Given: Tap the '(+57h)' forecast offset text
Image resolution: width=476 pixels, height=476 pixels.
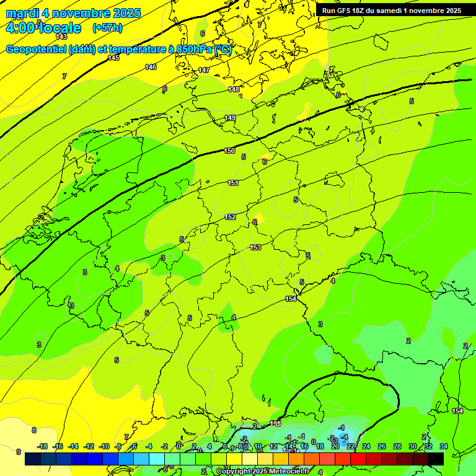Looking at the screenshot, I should [107, 28].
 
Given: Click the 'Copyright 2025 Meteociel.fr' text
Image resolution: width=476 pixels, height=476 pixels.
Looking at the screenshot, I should [263, 471].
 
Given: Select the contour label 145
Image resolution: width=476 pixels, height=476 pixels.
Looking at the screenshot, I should [113, 58].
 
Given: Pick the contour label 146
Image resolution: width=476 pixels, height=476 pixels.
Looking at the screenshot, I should [151, 67].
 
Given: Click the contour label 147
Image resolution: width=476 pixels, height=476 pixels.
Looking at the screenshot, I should [204, 70].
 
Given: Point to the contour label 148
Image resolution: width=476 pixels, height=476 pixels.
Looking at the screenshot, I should [233, 90].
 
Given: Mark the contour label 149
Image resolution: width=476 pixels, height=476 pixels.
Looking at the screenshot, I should [230, 118].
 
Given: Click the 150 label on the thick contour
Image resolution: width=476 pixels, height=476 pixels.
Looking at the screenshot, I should [229, 151].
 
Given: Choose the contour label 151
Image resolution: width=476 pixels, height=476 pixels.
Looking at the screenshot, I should [233, 183].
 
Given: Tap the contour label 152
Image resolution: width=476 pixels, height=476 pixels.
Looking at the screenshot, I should [230, 217].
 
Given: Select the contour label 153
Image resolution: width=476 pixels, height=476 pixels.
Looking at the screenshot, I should [255, 247].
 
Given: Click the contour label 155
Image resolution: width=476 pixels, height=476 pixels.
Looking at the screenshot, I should [276, 423].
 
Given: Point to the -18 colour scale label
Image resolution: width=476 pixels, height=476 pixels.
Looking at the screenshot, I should [42, 446].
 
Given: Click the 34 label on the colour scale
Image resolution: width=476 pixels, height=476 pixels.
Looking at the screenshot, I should [444, 446].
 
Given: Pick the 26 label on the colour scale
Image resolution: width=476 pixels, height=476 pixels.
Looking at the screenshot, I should [382, 446].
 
